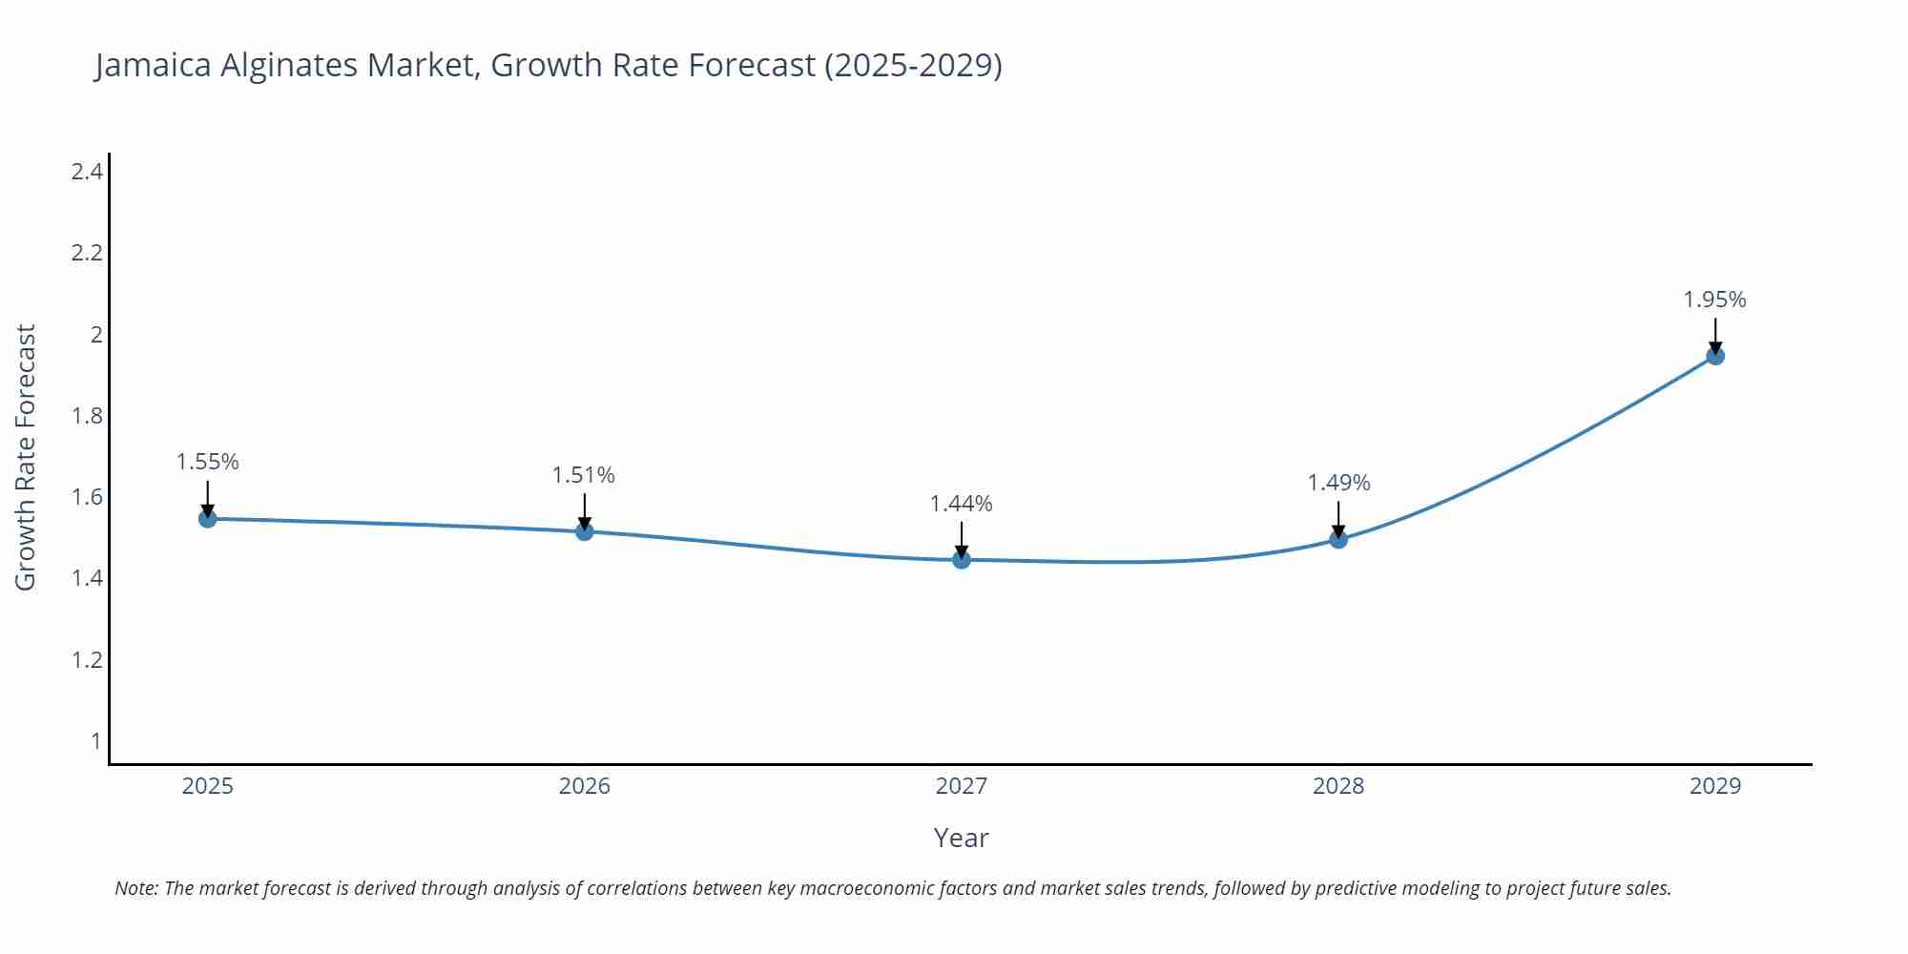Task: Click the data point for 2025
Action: [x=207, y=518]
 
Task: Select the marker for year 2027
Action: [x=961, y=559]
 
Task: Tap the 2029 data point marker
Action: [x=1714, y=356]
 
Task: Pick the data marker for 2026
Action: [x=584, y=530]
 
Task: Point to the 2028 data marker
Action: [x=1338, y=539]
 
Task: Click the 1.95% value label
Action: [x=1714, y=300]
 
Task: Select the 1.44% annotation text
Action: [x=961, y=503]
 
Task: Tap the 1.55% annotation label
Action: [x=207, y=462]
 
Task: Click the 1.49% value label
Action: [x=1338, y=483]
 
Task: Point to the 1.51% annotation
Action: [x=584, y=474]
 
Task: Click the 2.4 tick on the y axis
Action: [x=87, y=172]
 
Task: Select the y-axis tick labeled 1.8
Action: [x=87, y=416]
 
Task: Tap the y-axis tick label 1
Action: [x=95, y=741]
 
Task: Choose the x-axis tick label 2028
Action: [x=1338, y=786]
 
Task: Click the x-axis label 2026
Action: [x=584, y=786]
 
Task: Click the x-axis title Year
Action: [x=961, y=838]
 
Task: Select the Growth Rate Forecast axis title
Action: [x=26, y=457]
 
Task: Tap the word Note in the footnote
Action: [x=135, y=888]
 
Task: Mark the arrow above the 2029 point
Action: [x=1714, y=335]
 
